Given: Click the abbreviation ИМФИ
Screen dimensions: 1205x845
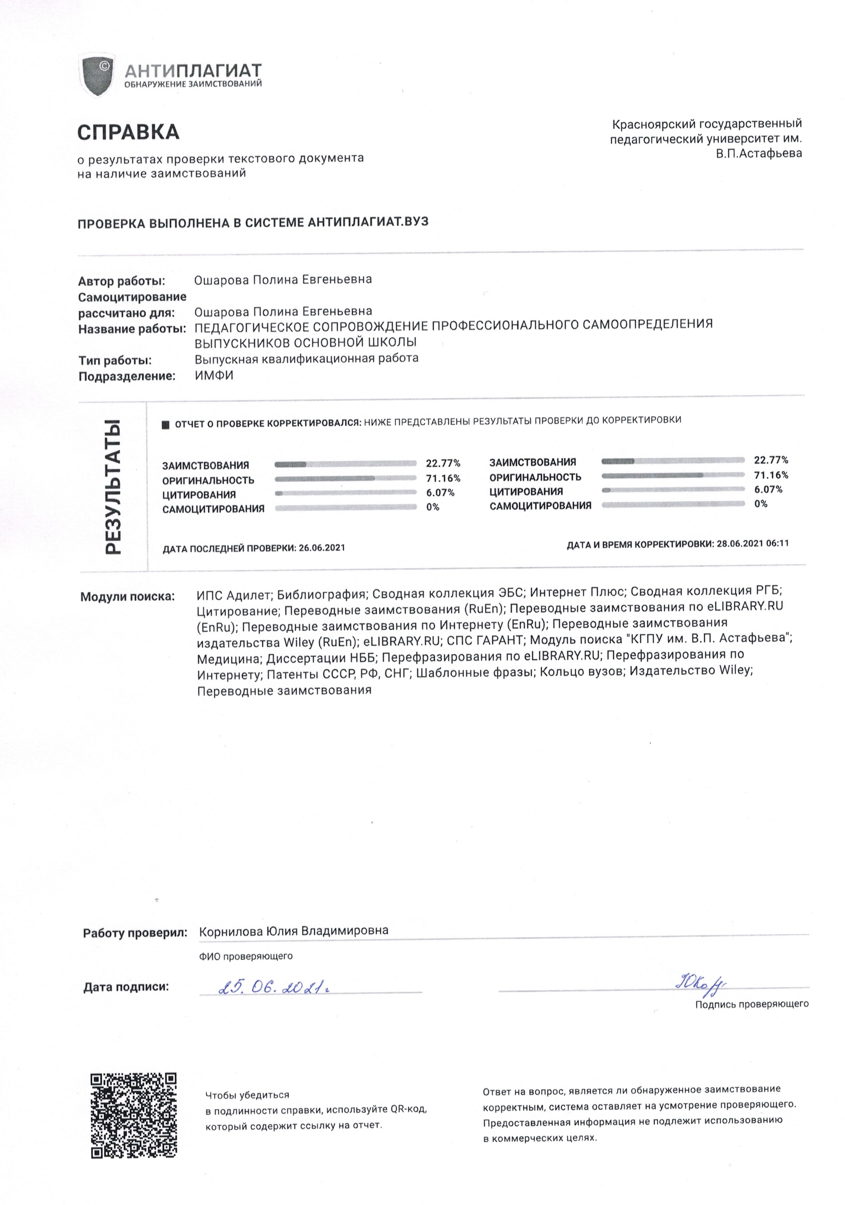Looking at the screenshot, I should (214, 375).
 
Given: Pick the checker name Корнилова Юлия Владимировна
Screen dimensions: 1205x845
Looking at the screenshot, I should (293, 930).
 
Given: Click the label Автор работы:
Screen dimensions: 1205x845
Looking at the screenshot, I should (121, 281).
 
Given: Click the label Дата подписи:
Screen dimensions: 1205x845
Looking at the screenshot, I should (126, 987).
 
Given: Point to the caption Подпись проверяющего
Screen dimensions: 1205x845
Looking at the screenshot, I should (752, 1004).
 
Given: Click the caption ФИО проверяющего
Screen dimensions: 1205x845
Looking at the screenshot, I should (246, 956).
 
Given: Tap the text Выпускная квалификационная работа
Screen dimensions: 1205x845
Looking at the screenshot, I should (306, 358).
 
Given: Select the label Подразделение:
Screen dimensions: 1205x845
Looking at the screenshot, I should (127, 376).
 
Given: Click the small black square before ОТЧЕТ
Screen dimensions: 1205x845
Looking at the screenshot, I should (166, 425).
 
